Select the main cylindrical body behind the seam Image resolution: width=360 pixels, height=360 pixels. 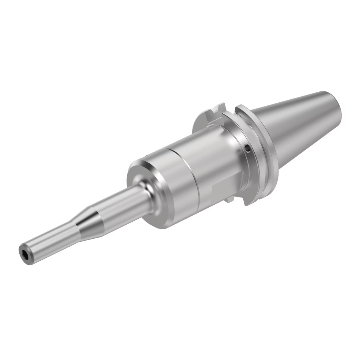coord(212,163)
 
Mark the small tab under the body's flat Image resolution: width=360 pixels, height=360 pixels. coord(232,201)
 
